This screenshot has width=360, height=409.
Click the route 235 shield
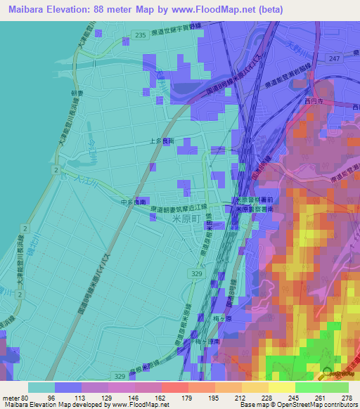141,34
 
